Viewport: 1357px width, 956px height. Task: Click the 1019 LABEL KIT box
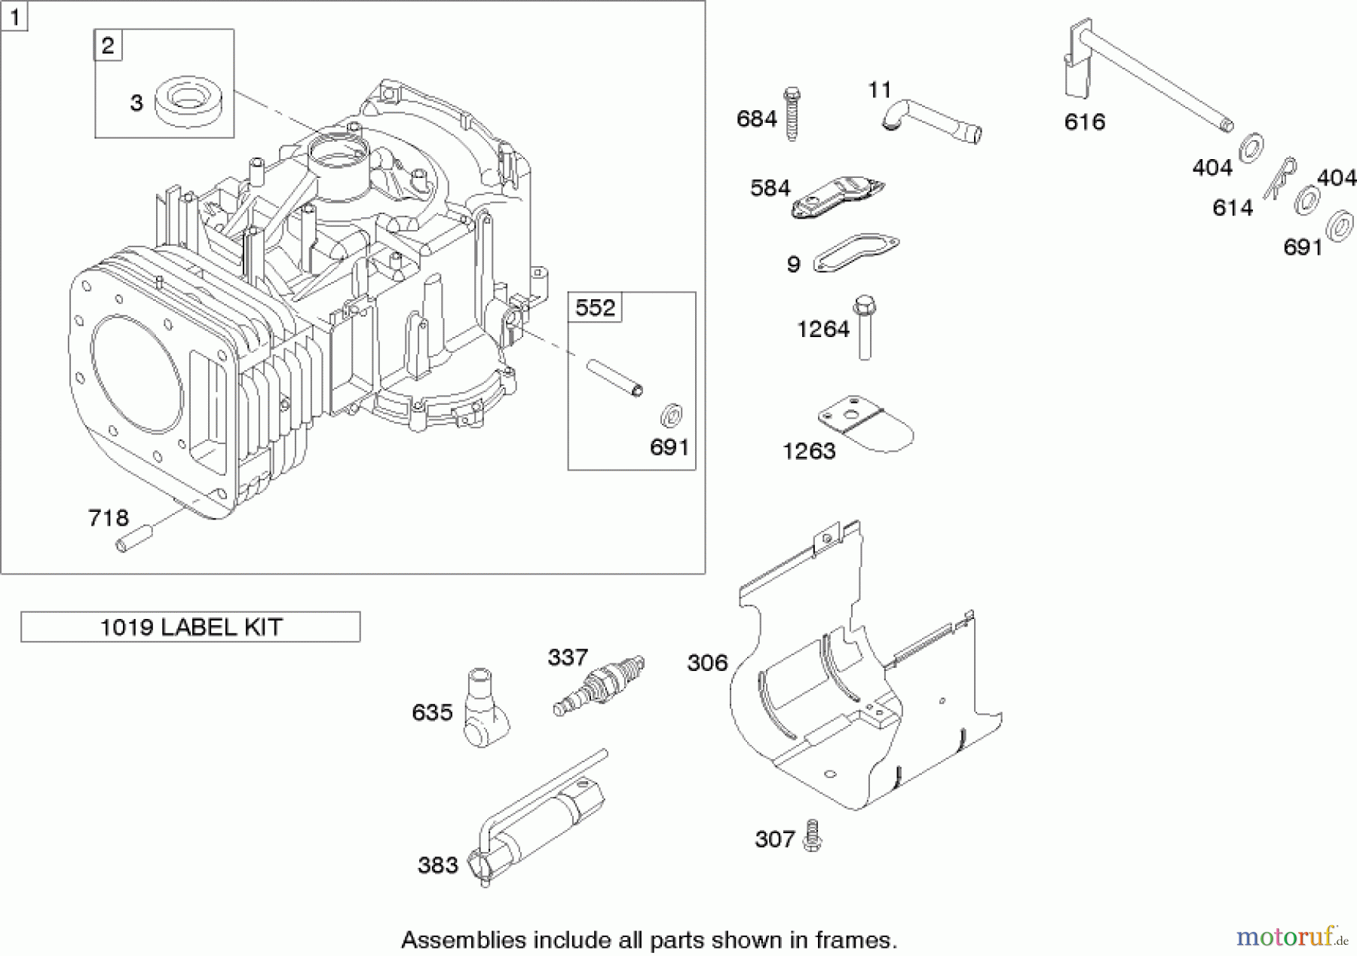point(190,627)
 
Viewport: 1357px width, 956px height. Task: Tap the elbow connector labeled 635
point(484,709)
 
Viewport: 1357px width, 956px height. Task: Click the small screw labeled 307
point(812,837)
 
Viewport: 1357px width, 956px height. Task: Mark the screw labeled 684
point(792,115)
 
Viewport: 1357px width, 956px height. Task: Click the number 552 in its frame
point(595,308)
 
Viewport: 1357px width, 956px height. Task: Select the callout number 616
point(1084,121)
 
